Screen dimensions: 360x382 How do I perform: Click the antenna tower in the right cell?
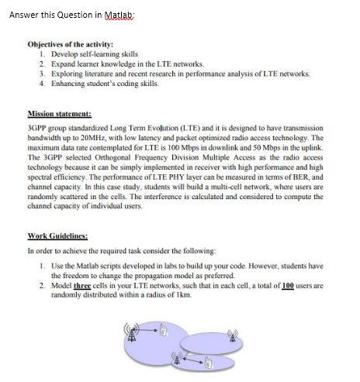point(230,336)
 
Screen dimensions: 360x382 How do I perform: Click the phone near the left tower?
point(165,332)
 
